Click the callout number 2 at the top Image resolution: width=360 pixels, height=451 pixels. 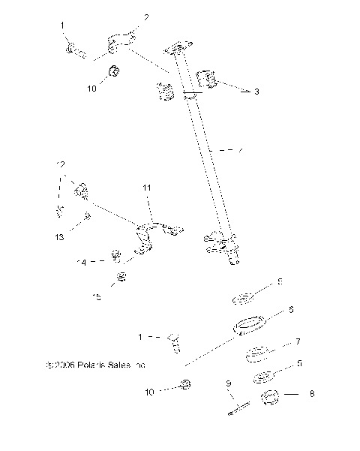pyautogui.click(x=145, y=17)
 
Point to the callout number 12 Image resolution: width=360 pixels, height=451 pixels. pyautogui.click(x=61, y=164)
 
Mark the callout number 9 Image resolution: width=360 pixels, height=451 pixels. pyautogui.click(x=228, y=385)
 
